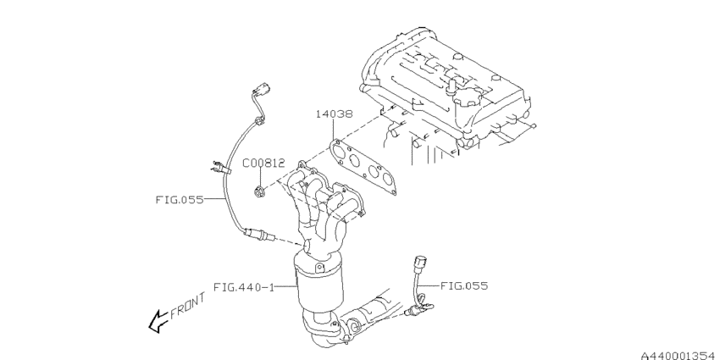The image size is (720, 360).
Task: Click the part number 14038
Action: point(335,114)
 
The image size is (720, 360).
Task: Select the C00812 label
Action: point(263,163)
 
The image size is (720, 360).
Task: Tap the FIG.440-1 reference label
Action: point(244,287)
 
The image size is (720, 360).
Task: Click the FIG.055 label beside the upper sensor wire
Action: point(179,200)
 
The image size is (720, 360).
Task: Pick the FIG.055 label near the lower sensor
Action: point(464,286)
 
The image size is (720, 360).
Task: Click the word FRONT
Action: point(188,306)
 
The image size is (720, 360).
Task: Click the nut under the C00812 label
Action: point(258,190)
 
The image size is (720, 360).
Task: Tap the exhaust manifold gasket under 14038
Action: point(363,167)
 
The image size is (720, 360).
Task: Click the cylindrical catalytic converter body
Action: point(319,283)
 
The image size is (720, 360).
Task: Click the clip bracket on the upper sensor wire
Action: point(220,168)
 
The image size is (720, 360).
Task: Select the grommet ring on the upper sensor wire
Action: point(259,121)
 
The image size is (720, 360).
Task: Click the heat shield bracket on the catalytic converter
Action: point(320,267)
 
